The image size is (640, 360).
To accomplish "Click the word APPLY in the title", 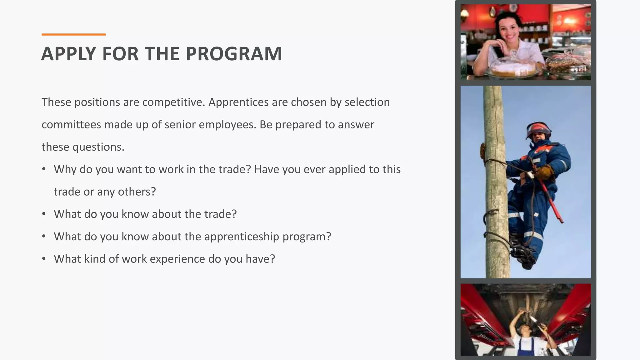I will pos(68,54).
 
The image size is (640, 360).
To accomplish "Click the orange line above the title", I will pos(73,34).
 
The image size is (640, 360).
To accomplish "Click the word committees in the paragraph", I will pos(71,125).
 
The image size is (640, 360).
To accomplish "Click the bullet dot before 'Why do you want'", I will pos(44,169).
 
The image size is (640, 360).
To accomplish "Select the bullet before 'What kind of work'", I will pos(44,259).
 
